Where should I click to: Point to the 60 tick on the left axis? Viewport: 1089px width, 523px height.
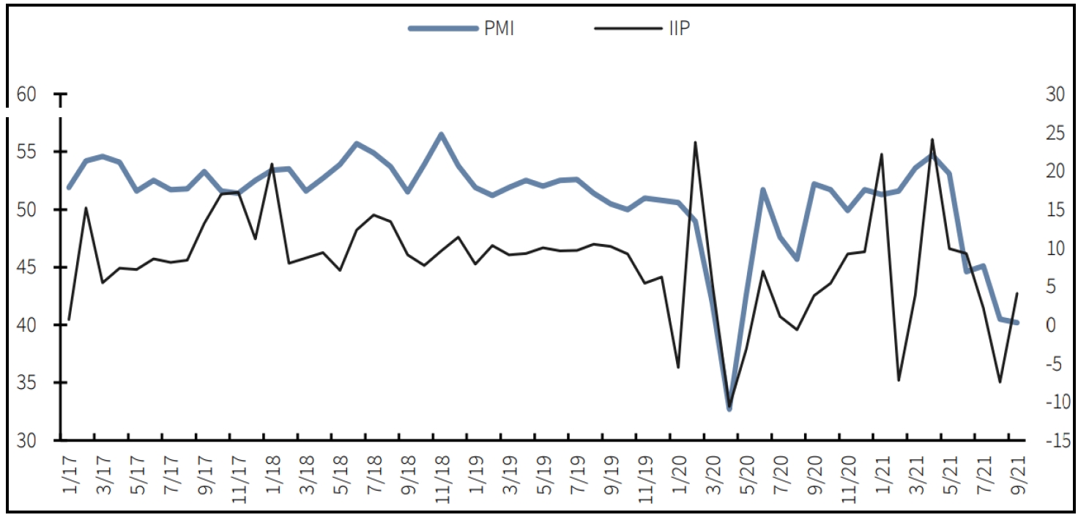coord(26,94)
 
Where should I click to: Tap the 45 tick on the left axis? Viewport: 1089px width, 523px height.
coord(26,267)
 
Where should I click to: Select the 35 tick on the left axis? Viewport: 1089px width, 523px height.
coord(26,383)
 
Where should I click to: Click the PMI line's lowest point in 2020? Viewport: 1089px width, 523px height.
coord(729,409)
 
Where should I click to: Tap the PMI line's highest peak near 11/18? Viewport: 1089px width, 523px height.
coord(442,134)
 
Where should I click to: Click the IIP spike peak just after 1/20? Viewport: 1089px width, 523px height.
coord(695,142)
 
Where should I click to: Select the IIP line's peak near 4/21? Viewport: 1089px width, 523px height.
coord(932,138)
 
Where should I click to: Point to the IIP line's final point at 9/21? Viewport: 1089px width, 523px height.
coord(1017,293)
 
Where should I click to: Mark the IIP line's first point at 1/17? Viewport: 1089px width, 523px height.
coord(69,319)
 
